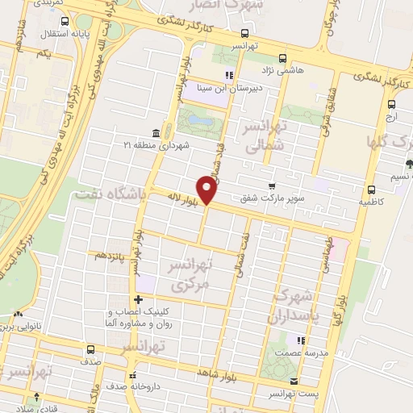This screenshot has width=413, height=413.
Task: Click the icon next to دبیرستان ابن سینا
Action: tap(229, 76)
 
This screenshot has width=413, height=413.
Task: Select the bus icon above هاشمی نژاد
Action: tap(282, 58)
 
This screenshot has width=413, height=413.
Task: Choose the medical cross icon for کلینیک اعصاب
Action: tap(138, 300)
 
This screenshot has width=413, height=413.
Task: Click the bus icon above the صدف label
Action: tap(90, 349)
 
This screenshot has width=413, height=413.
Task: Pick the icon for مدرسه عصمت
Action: tap(300, 341)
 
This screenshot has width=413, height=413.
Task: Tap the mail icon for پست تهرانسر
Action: tap(293, 381)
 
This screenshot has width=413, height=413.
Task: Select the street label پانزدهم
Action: tap(111, 255)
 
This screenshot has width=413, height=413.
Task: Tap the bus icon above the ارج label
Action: tap(391, 104)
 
